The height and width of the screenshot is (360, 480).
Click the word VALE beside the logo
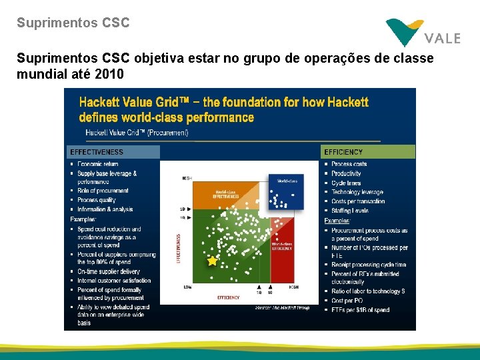pyautogui.click(x=442, y=38)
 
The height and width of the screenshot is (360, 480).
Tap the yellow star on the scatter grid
pyautogui.click(x=212, y=261)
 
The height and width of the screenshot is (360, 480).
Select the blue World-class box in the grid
pyautogui.click(x=286, y=191)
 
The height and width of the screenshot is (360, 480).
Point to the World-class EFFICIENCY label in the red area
pyautogui.click(x=281, y=245)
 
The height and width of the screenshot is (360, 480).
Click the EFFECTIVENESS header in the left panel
pyautogui.click(x=97, y=152)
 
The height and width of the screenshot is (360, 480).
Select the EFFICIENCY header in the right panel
pyautogui.click(x=344, y=152)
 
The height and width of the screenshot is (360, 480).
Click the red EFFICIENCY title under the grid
pyautogui.click(x=229, y=296)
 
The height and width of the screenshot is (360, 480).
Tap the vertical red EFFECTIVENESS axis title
pyautogui.click(x=178, y=247)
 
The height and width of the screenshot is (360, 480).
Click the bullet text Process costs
pyautogui.click(x=349, y=164)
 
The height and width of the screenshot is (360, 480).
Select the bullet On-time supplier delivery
pyautogui.click(x=109, y=271)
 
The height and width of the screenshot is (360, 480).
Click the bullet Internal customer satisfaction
pyautogui.click(x=114, y=281)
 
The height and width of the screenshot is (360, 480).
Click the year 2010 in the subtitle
pyautogui.click(x=109, y=74)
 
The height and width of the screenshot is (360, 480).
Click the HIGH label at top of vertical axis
pyautogui.click(x=187, y=178)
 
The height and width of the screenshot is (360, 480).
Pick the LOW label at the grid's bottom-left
pyautogui.click(x=187, y=287)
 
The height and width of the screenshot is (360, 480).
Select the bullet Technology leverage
pyautogui.click(x=357, y=192)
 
